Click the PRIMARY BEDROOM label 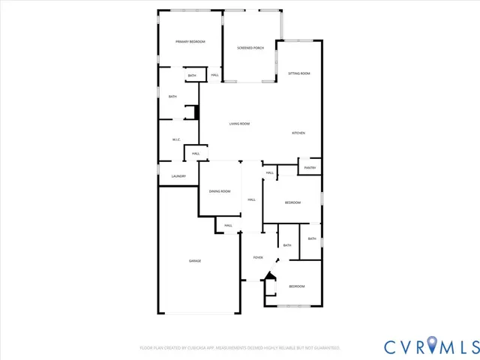coord(190,42)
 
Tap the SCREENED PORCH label coord(250,48)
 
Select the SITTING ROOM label coord(299,73)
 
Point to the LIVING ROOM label coord(239,124)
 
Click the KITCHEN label coord(298,133)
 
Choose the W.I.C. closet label coord(175,139)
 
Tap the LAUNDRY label coord(178,176)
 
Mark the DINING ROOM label coord(220,191)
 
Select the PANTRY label coord(310,168)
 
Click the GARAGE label coord(194,260)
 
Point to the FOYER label coord(257,257)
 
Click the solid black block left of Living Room coord(197,112)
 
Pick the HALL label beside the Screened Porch coord(214,76)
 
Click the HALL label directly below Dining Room coord(228,226)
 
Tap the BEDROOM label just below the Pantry coord(292,203)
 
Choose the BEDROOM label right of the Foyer coord(297,286)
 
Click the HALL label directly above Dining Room coord(195,154)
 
